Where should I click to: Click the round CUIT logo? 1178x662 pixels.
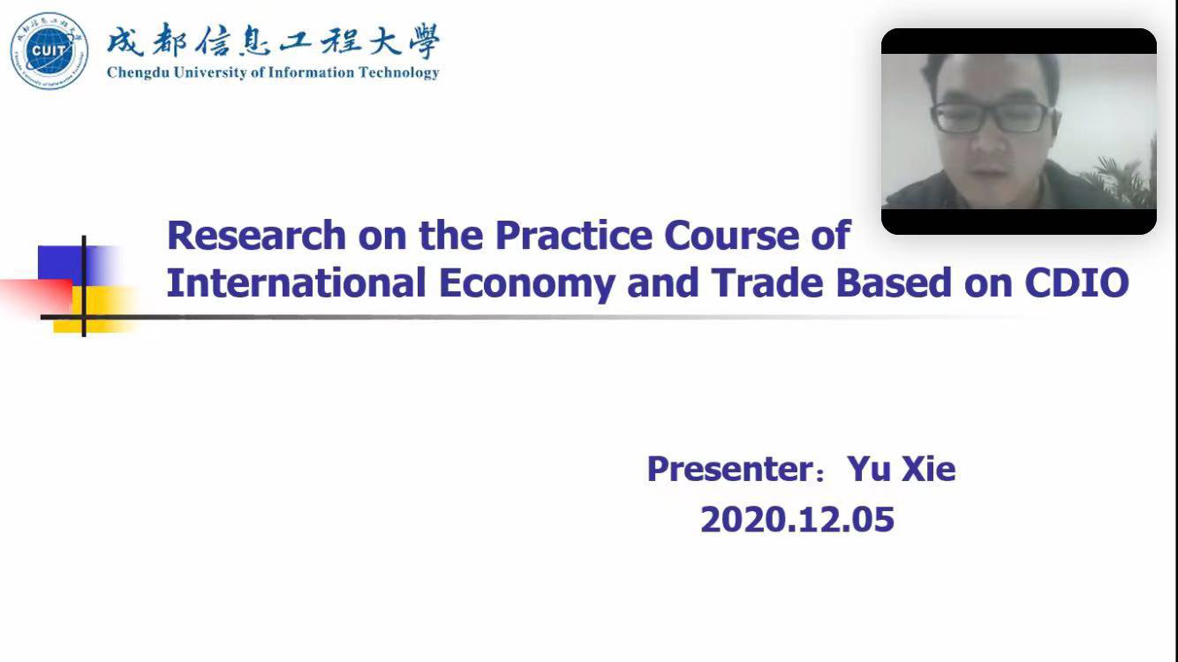tap(49, 51)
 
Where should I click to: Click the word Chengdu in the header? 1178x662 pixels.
tap(139, 72)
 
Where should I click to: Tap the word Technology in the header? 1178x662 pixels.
tap(399, 72)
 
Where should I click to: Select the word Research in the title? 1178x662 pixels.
tap(257, 235)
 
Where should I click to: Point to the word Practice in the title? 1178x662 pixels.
tap(574, 235)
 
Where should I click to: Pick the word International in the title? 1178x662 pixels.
tap(296, 282)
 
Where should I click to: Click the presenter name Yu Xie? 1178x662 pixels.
tap(902, 469)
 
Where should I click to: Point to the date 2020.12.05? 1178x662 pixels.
tap(797, 520)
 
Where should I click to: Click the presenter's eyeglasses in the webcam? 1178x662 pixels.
tap(992, 117)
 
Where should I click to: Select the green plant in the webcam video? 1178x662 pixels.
tap(1125, 177)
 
